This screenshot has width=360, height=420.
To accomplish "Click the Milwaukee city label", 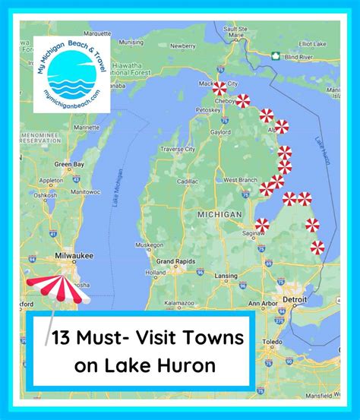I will pyautogui.click(x=74, y=256).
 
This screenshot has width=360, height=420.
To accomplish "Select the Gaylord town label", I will pyautogui.click(x=220, y=131).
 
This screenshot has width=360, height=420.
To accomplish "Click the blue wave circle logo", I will pyautogui.click(x=71, y=78).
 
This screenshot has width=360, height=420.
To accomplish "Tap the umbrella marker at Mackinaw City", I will pyautogui.click(x=219, y=87).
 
